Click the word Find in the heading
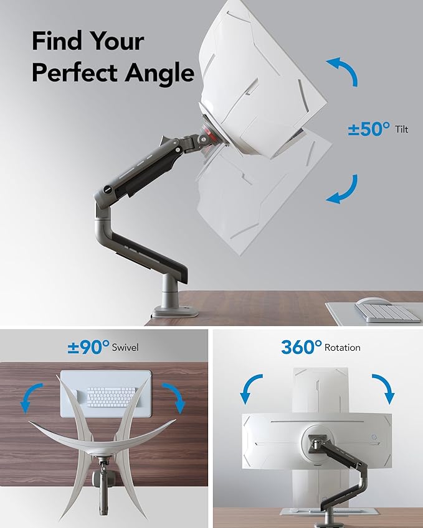click(56, 42)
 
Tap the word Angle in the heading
click(159, 73)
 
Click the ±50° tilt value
click(369, 129)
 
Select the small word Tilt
click(402, 130)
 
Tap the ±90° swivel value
click(88, 346)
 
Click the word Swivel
click(125, 348)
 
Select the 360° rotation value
click(301, 346)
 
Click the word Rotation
click(342, 348)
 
